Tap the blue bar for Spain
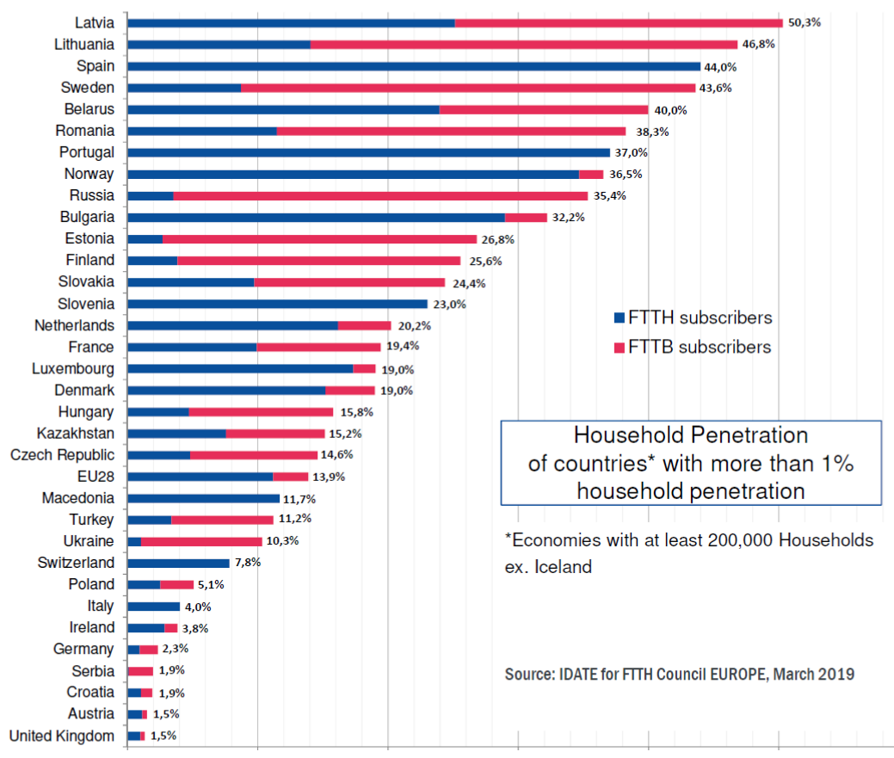click(413, 66)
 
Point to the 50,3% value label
click(804, 22)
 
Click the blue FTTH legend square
click(619, 317)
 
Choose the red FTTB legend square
click(619, 348)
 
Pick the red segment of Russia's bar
click(380, 195)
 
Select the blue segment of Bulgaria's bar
click(316, 218)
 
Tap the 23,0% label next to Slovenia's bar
click(449, 304)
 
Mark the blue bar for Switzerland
click(178, 563)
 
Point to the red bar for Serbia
click(140, 670)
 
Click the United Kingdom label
click(61, 736)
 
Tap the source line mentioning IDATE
click(679, 673)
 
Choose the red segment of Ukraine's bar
click(201, 541)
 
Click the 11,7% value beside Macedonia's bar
click(301, 498)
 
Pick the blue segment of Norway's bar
click(353, 174)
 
